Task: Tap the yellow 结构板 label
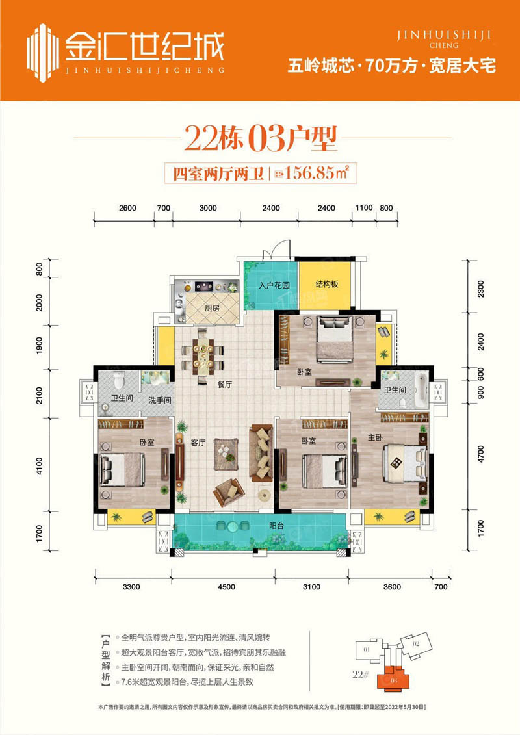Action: [326, 285]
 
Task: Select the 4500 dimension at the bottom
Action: [227, 587]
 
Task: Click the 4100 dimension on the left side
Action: [40, 465]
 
